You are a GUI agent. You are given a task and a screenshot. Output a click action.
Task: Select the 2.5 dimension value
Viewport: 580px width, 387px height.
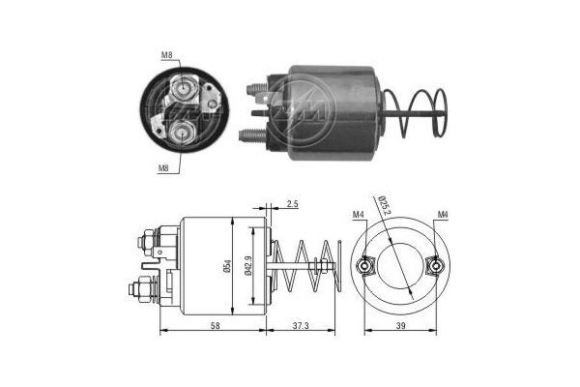click(x=293, y=204)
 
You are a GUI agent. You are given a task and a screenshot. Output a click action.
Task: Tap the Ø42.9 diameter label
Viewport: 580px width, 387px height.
click(x=250, y=264)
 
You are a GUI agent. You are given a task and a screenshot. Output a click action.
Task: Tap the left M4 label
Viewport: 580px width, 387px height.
click(x=358, y=214)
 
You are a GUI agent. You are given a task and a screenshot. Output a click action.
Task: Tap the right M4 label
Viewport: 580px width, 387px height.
click(x=442, y=214)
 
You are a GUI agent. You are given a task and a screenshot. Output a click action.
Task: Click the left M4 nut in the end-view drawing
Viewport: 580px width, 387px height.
click(x=363, y=265)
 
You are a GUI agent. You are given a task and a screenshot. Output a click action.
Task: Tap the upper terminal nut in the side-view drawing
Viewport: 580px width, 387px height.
click(x=145, y=238)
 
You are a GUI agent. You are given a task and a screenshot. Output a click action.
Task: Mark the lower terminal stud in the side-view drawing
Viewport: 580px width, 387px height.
click(x=138, y=287)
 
